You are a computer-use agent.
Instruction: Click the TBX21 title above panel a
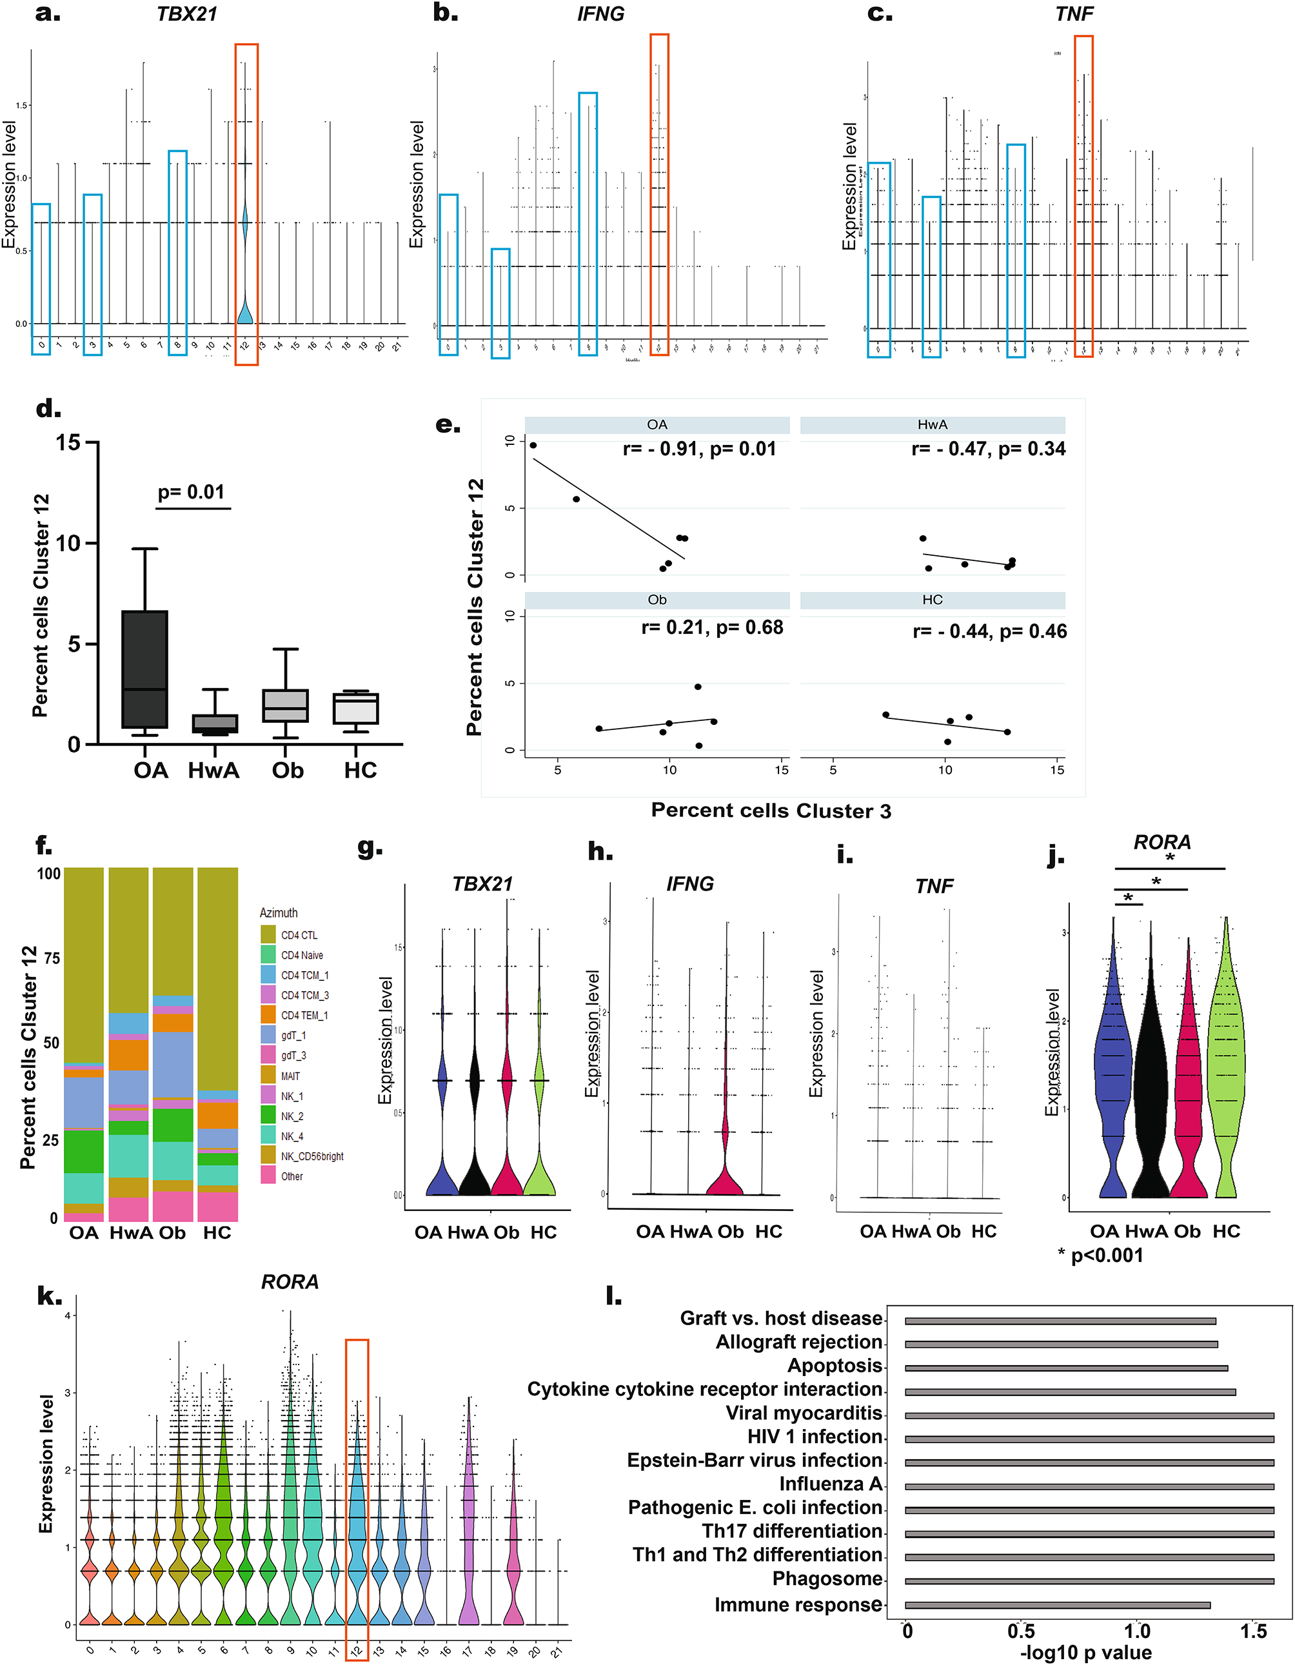pos(187,14)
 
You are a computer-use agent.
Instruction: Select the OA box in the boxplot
pos(144,669)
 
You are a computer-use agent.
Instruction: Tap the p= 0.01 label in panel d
pos(191,492)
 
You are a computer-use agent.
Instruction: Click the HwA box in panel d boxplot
pos(214,723)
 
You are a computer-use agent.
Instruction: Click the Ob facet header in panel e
pos(657,600)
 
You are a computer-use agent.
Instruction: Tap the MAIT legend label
pos(291,1076)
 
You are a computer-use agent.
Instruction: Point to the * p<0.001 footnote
pos(1100,1255)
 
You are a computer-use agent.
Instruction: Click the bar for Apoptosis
pos(1065,1368)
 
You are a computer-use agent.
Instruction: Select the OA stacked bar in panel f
pos(84,1045)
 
